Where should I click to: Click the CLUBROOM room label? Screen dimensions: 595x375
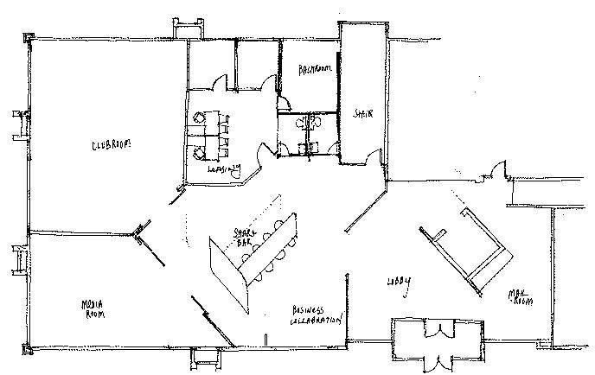click(112, 145)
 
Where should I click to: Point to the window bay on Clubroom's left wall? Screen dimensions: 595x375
click(19, 124)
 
